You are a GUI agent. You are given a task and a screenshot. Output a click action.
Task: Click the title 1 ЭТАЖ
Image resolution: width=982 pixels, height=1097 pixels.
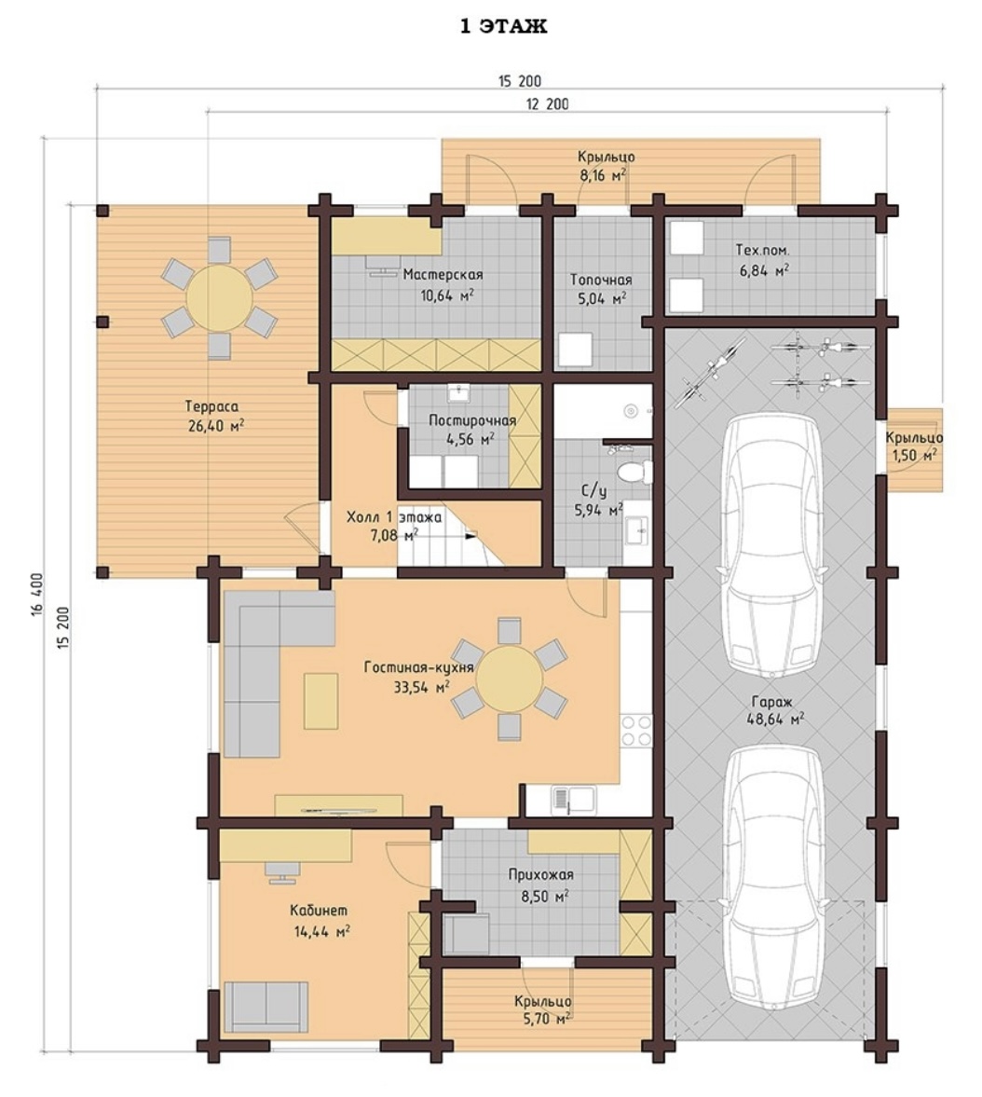pyautogui.click(x=503, y=26)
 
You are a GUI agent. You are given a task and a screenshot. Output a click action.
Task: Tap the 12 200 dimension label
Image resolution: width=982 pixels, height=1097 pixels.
pyautogui.click(x=547, y=104)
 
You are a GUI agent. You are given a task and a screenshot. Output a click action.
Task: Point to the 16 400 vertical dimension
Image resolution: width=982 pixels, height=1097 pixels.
pyautogui.click(x=37, y=596)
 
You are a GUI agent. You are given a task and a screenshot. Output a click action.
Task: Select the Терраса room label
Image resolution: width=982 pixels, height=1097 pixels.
pyautogui.click(x=211, y=405)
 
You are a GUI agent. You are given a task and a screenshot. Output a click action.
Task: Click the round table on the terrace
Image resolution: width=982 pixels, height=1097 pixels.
pyautogui.click(x=219, y=297)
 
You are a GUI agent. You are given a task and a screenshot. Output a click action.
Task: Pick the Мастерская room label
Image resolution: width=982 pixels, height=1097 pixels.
pyautogui.click(x=443, y=274)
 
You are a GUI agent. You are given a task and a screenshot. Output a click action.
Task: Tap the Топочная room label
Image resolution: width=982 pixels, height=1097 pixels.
pyautogui.click(x=601, y=280)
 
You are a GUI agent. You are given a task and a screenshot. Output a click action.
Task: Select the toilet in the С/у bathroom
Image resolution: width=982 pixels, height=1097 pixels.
pyautogui.click(x=635, y=473)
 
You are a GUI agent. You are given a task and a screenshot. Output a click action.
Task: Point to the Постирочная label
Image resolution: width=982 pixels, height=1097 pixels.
pyautogui.click(x=472, y=420)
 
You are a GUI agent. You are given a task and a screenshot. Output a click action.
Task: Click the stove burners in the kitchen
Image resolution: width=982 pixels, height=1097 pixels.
pyautogui.click(x=635, y=731)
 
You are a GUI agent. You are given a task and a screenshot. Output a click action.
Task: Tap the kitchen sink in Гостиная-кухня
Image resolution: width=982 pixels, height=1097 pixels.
pyautogui.click(x=574, y=798)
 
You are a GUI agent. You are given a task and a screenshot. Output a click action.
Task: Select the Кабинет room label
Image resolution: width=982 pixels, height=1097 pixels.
pyautogui.click(x=319, y=911)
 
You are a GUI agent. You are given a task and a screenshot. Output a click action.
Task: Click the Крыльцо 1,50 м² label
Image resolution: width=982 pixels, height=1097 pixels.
pyautogui.click(x=913, y=446)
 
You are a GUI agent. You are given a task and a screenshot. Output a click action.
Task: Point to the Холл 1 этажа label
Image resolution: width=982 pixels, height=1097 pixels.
pyautogui.click(x=394, y=517)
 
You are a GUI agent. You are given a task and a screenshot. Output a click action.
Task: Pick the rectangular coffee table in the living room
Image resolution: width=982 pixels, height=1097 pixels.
pyautogui.click(x=321, y=701)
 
